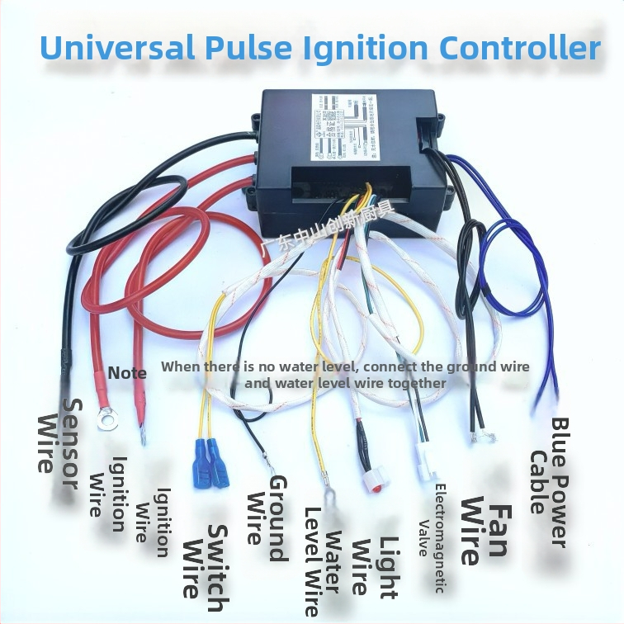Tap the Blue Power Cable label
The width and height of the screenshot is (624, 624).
pyautogui.click(x=548, y=482)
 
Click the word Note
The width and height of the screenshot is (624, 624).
pyautogui.click(x=127, y=373)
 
